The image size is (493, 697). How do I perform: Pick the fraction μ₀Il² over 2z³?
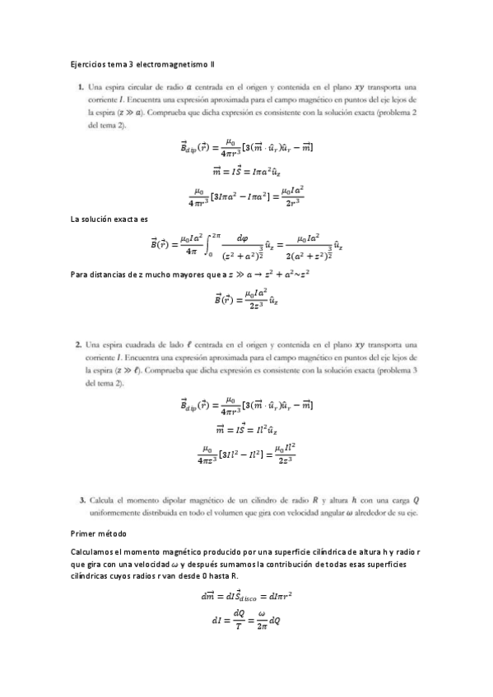(x=286, y=453)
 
